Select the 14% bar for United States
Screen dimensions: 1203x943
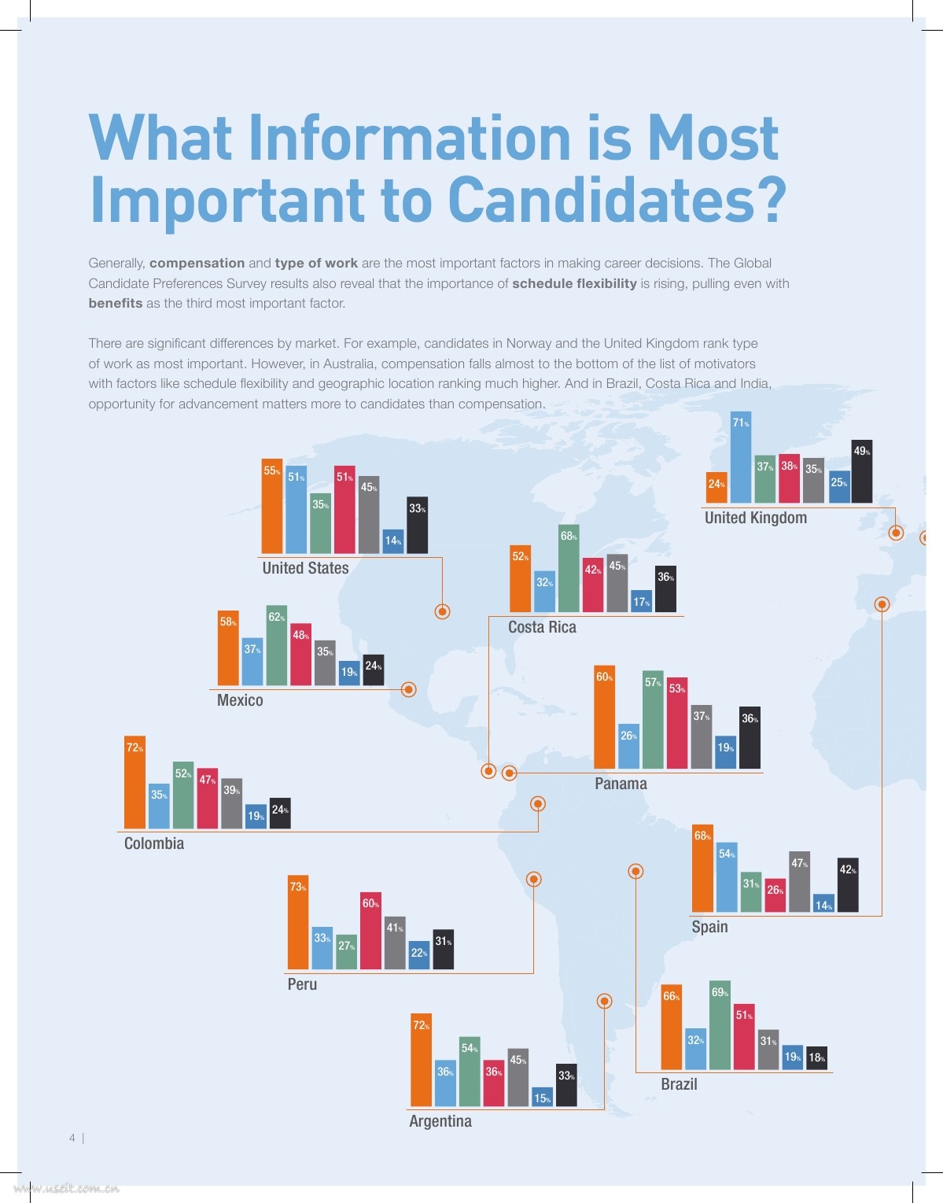click(393, 543)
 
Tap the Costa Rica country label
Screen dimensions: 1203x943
click(542, 627)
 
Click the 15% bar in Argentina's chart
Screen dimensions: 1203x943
click(542, 1098)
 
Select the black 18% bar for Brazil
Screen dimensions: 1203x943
click(817, 1058)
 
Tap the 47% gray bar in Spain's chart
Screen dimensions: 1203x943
click(799, 882)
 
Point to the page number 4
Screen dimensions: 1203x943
click(72, 1138)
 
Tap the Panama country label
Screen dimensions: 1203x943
click(621, 784)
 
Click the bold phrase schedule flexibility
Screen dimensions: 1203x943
click(574, 283)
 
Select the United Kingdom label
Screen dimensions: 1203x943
click(755, 518)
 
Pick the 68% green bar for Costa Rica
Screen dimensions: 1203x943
click(569, 568)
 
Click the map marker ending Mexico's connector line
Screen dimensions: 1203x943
click(408, 689)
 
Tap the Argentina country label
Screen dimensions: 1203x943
click(440, 1121)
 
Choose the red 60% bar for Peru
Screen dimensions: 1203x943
click(371, 931)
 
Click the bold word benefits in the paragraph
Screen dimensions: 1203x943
click(116, 304)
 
